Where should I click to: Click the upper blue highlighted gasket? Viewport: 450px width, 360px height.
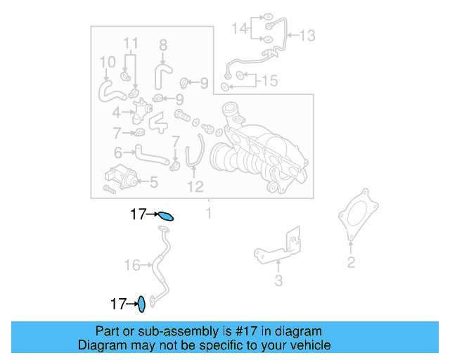[x=165, y=216]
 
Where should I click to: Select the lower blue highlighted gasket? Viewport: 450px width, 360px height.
[x=141, y=304]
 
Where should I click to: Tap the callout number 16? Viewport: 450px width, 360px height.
[x=132, y=265]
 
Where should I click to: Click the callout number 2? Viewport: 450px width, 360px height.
[x=351, y=263]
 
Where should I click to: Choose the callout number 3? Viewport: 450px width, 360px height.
[x=278, y=281]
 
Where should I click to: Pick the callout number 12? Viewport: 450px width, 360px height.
[x=195, y=186]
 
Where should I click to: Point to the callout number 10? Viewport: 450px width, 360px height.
[x=106, y=63]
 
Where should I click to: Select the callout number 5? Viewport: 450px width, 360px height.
[x=153, y=183]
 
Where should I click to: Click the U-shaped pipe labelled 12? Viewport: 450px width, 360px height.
[x=195, y=155]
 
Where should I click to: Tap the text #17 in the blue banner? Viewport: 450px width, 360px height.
[x=245, y=331]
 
